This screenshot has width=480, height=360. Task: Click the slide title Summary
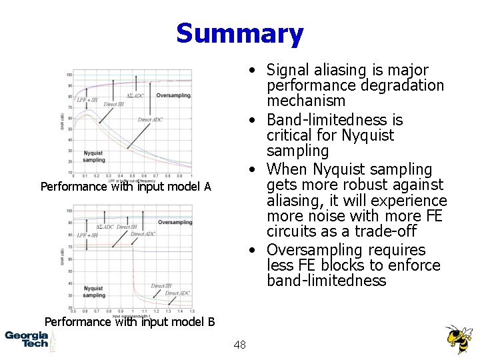tap(239, 33)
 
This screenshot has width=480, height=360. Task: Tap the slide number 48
tap(240, 345)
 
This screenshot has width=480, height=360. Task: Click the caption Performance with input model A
tap(125, 187)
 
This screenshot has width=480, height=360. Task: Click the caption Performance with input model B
tap(129, 322)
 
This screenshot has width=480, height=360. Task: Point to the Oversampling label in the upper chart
tap(173, 95)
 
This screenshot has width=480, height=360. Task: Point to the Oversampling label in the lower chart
tap(175, 222)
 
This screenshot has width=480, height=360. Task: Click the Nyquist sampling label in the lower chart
tap(94, 292)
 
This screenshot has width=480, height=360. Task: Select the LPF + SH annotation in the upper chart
tap(87, 100)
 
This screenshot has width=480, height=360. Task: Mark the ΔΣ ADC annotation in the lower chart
tap(105, 227)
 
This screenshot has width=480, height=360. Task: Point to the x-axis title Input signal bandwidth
tap(131, 315)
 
